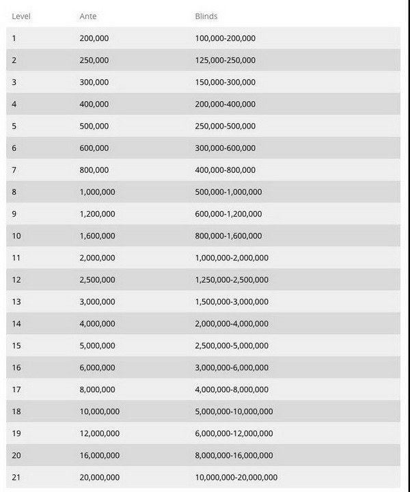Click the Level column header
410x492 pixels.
[x=23, y=16]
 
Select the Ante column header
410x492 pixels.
[x=89, y=16]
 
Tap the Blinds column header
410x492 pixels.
[x=206, y=16]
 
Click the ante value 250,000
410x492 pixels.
[x=94, y=60]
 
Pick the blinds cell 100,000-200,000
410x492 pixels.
[x=225, y=38]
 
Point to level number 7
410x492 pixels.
[x=14, y=169]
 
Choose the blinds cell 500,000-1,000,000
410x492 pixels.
[x=228, y=192]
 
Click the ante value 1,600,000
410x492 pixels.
[x=97, y=236]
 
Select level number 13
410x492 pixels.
[x=16, y=301]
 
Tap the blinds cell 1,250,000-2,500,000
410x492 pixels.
[x=232, y=279]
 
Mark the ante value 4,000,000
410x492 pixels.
[x=97, y=323]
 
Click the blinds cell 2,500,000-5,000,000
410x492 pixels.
[x=232, y=345]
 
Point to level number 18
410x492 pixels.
[x=16, y=411]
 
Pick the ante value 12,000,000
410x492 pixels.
[x=100, y=433]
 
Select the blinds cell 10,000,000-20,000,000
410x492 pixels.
[x=236, y=477]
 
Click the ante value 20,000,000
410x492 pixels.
[x=100, y=477]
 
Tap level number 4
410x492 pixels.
[x=14, y=104]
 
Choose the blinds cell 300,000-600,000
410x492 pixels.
[x=225, y=148]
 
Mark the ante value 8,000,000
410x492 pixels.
[x=97, y=389]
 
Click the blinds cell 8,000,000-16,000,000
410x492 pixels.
[x=234, y=455]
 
